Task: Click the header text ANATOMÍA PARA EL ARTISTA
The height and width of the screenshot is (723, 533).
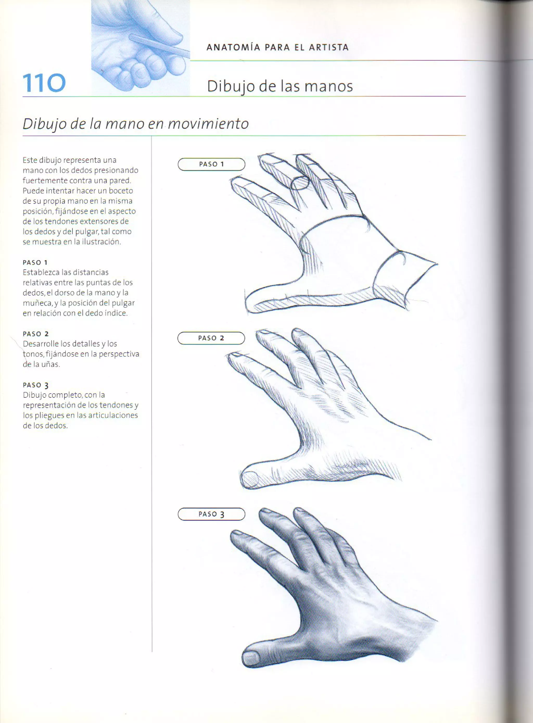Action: pos(277,47)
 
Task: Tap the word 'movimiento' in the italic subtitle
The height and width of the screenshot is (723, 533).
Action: pos(208,124)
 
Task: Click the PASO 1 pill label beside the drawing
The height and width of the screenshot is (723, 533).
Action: pos(211,164)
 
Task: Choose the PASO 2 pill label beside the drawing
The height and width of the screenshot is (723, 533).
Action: pos(211,338)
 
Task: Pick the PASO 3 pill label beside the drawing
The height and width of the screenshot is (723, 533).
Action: pos(211,514)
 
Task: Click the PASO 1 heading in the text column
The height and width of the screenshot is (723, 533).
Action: pos(35,262)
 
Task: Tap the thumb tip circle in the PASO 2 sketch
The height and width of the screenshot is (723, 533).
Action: pos(250,479)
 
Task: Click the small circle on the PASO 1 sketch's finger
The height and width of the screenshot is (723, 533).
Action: pos(300,183)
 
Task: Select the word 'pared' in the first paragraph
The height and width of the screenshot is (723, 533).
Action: pos(120,180)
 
